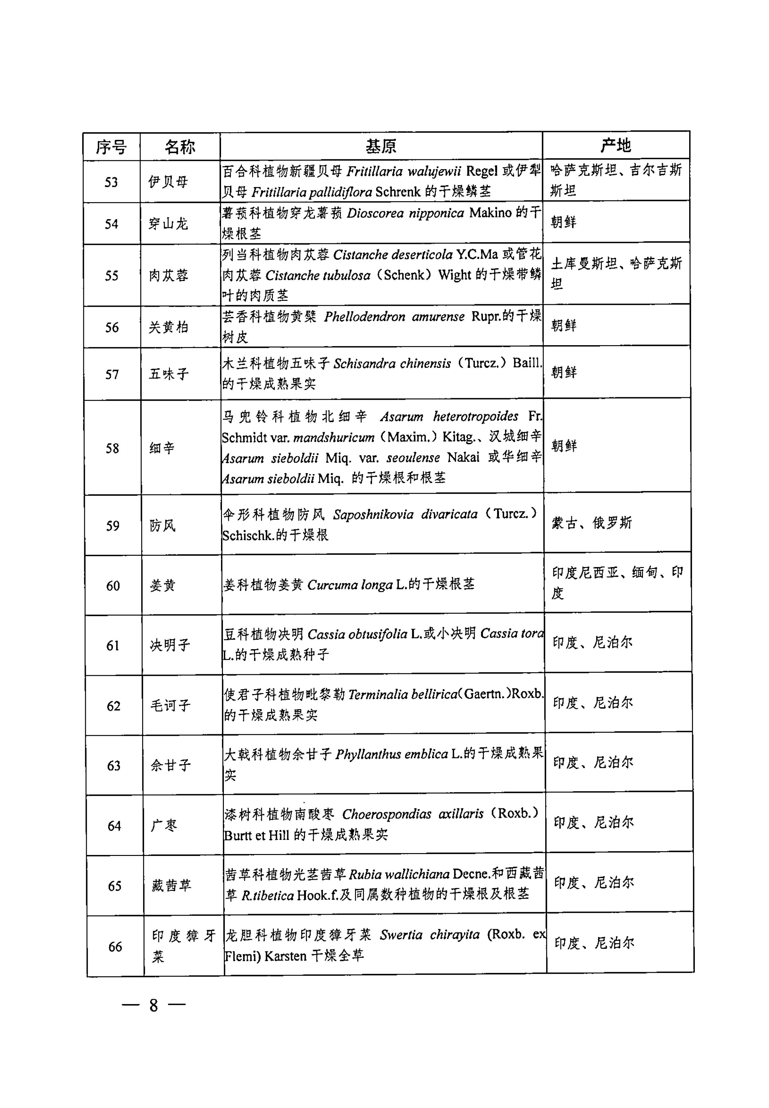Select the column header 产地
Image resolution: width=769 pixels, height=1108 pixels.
click(x=616, y=145)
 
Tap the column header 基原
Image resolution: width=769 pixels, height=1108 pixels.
click(x=381, y=146)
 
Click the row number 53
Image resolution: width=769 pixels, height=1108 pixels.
click(x=111, y=182)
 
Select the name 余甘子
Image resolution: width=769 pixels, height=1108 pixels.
click(x=171, y=765)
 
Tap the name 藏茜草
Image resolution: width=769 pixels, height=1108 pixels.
click(x=172, y=885)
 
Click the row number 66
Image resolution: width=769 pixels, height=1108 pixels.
click(x=115, y=947)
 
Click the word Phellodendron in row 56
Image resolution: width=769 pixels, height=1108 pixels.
click(x=364, y=317)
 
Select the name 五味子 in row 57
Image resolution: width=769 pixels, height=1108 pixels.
click(x=169, y=374)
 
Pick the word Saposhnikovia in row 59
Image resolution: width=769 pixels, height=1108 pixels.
click(x=373, y=515)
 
